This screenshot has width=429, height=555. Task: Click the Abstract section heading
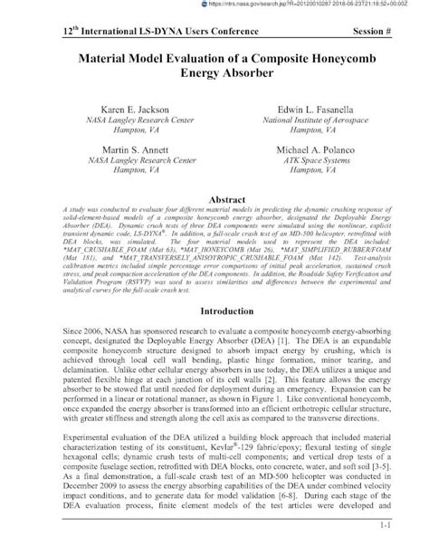(x=214, y=197)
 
